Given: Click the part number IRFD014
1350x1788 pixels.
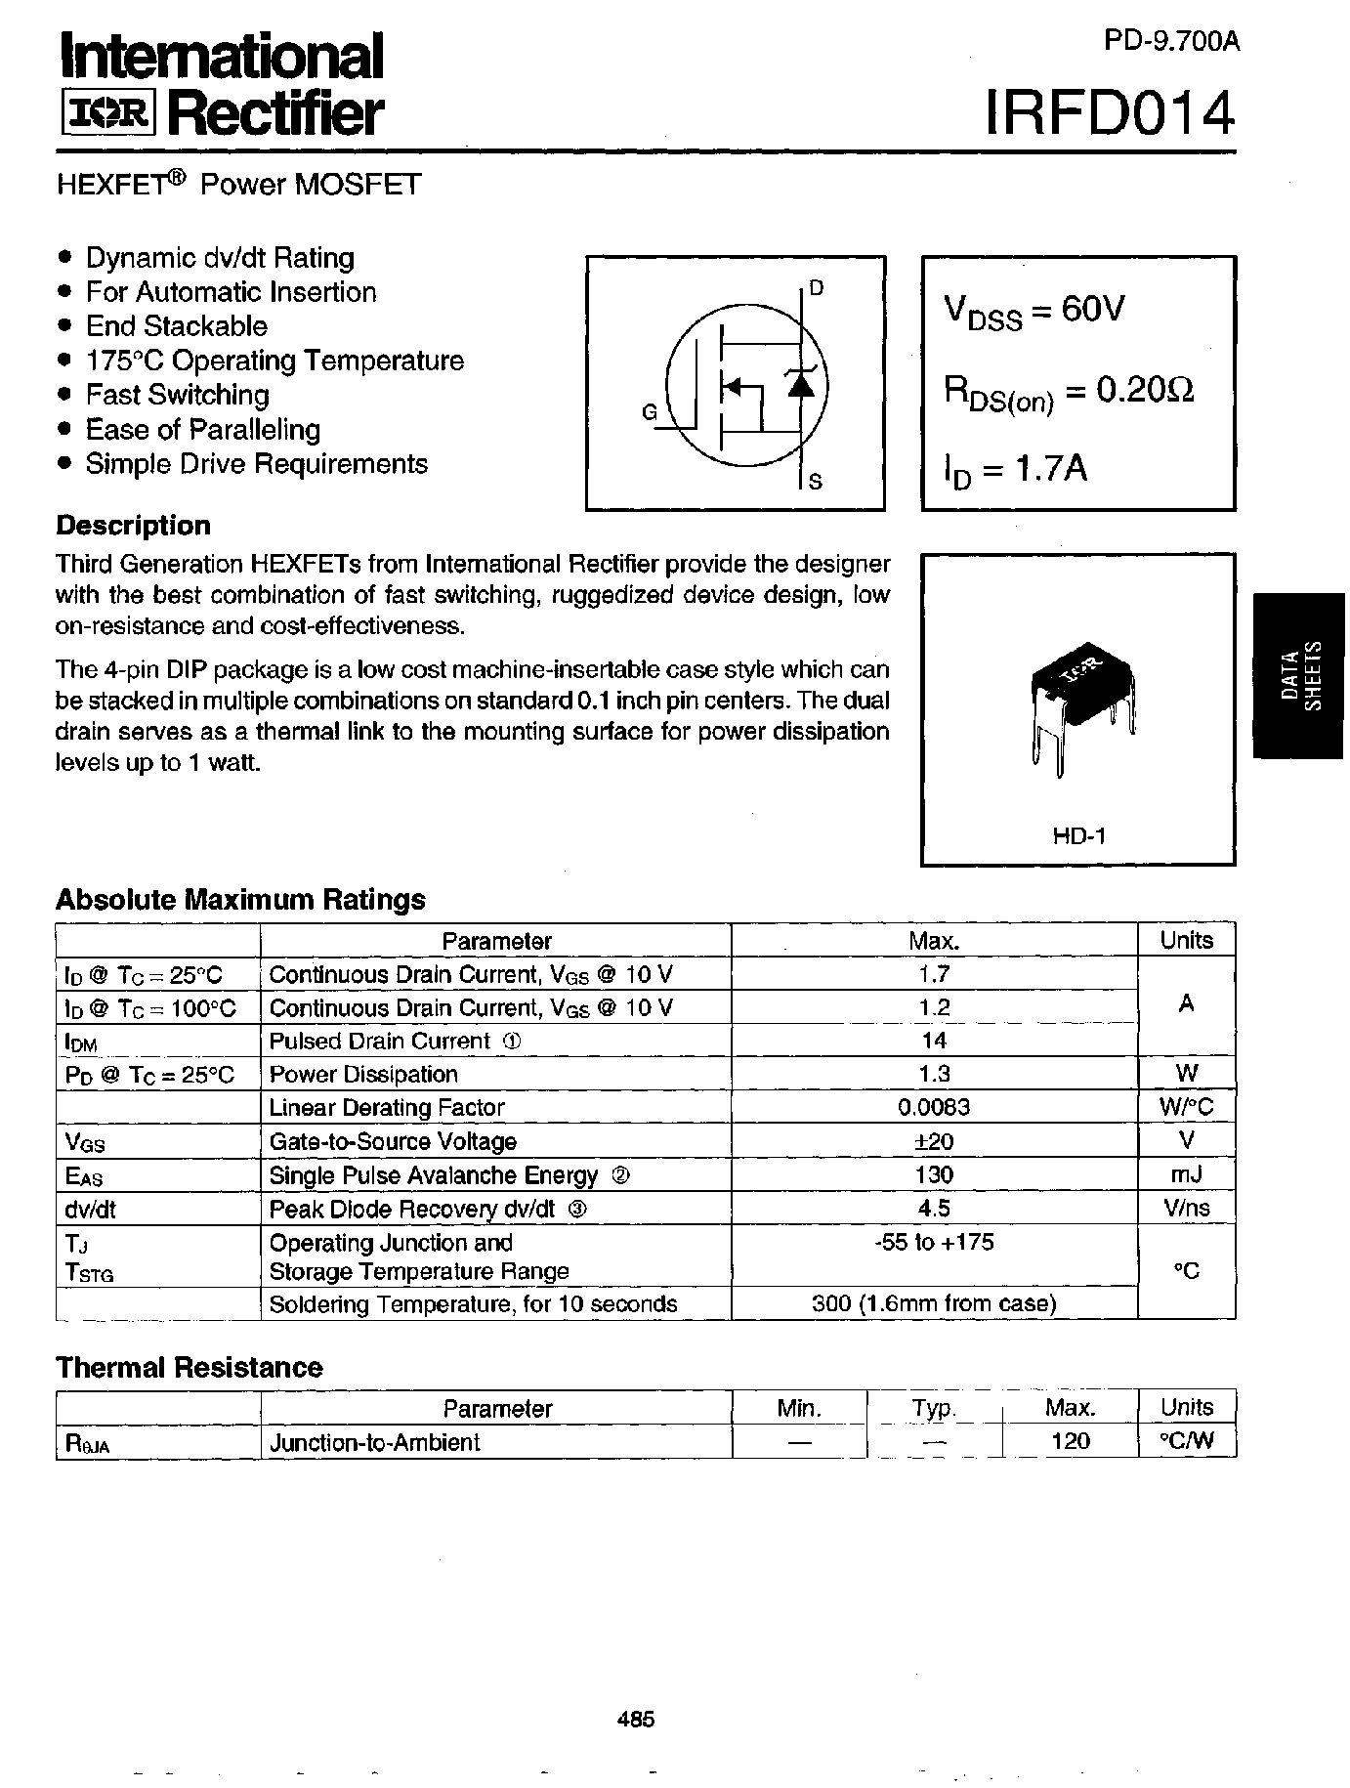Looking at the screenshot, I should click(1110, 114).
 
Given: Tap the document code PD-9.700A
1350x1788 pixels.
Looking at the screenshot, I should click(1172, 41).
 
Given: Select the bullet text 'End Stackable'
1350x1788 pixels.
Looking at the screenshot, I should click(176, 326).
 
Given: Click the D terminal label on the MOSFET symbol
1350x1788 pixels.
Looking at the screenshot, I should click(817, 287).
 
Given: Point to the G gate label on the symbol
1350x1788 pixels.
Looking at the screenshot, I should click(650, 412).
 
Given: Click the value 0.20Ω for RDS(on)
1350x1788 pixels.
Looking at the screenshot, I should click(1145, 391).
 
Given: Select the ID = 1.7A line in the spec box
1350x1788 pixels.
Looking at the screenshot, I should click(1016, 470).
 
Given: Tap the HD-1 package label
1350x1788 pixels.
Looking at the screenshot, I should click(1078, 835).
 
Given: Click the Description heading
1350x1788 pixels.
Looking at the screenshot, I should click(134, 526).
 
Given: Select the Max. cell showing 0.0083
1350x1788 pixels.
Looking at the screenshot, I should click(934, 1107).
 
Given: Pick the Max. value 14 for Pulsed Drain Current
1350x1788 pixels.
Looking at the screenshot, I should click(934, 1041).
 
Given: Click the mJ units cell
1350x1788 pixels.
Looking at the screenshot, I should click(1186, 1174).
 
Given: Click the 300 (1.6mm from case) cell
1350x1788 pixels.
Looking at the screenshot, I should click(934, 1303).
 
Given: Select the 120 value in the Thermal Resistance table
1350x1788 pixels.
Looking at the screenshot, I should click(1070, 1441).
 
